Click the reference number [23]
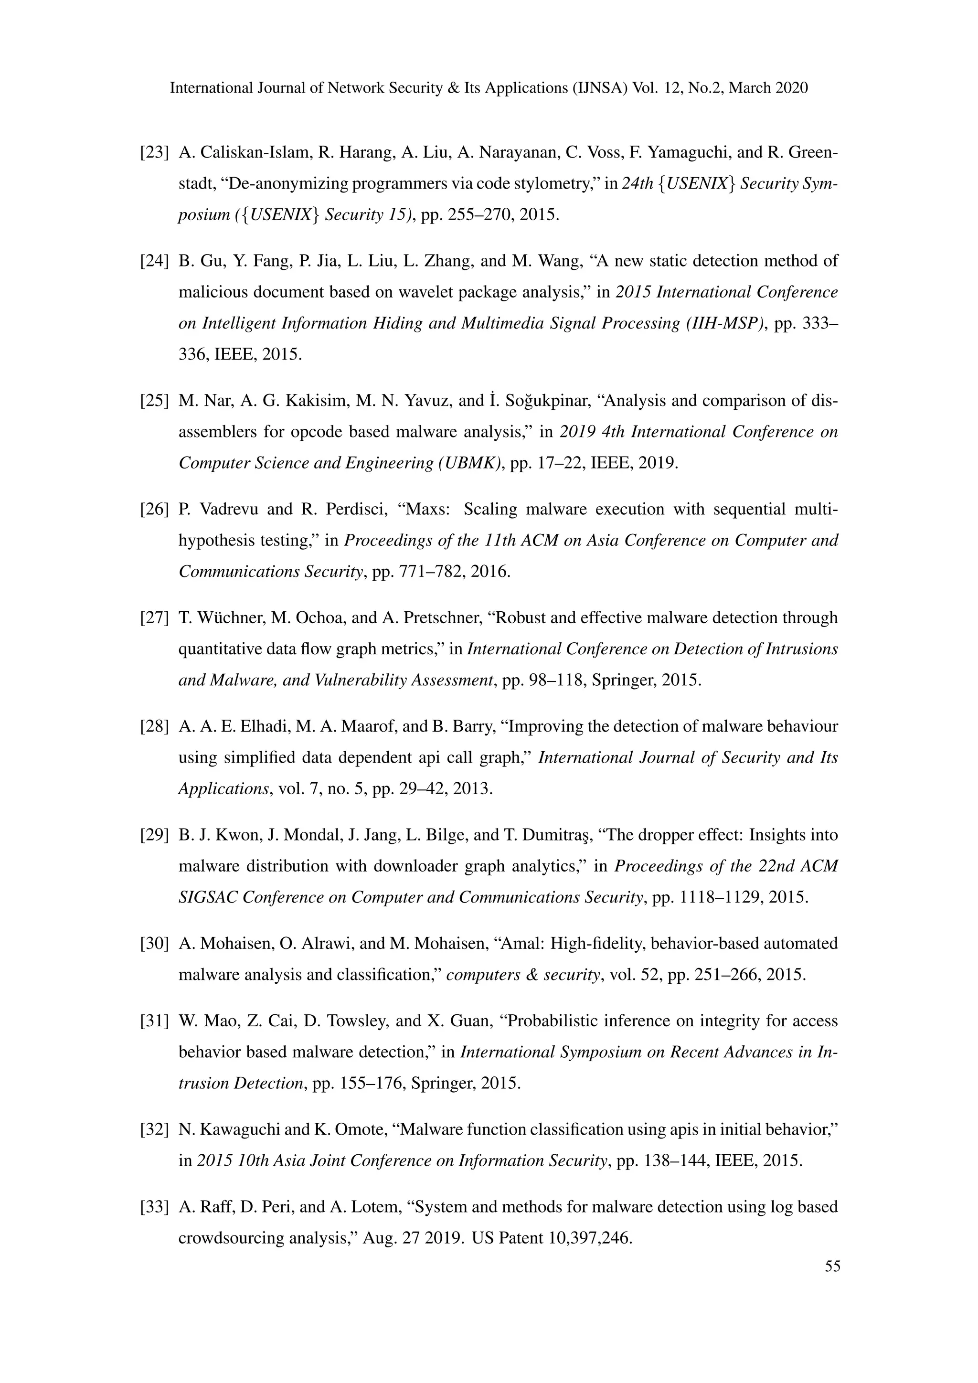[x=154, y=152]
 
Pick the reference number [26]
[x=154, y=510]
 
